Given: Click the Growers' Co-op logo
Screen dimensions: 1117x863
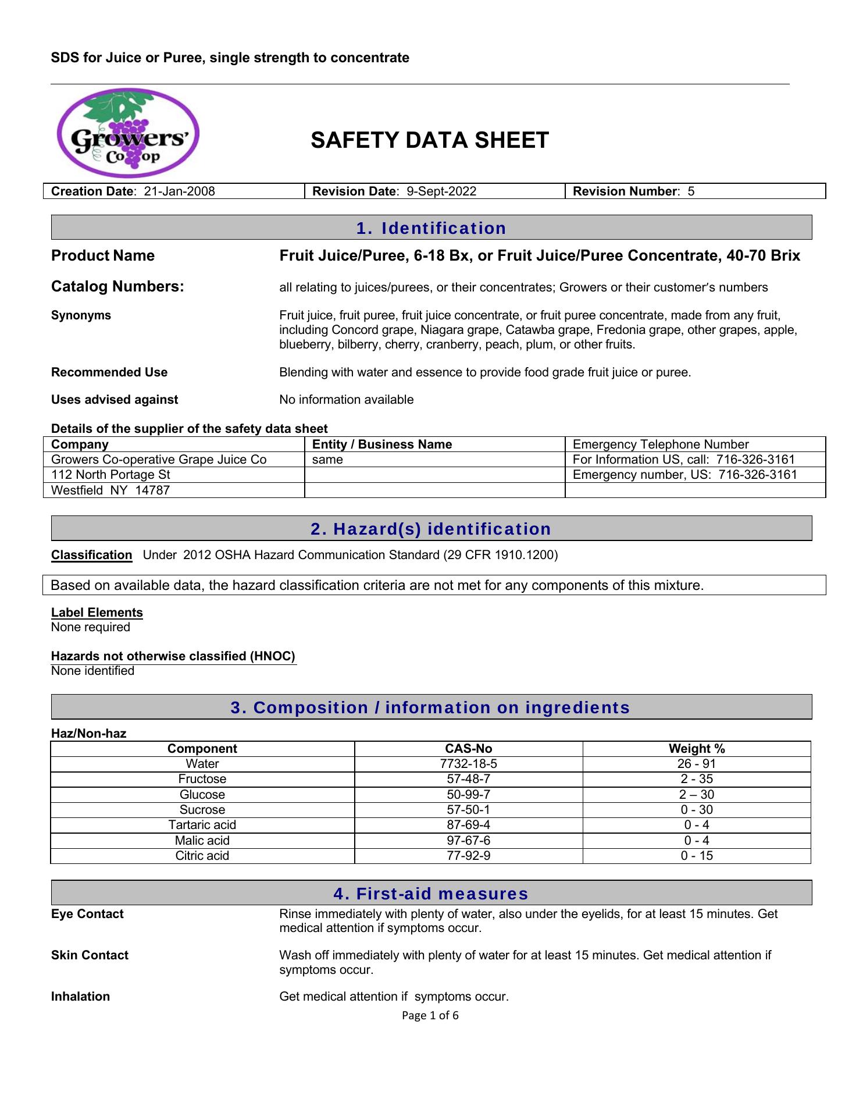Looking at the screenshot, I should click(x=129, y=133).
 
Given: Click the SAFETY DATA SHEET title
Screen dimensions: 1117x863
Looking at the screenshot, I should click(x=429, y=140).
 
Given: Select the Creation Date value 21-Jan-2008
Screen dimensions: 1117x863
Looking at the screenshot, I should click(x=179, y=191).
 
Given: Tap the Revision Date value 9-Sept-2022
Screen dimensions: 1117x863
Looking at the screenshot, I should click(x=441, y=191).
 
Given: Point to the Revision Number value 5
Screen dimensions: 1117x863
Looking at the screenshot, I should click(x=691, y=191).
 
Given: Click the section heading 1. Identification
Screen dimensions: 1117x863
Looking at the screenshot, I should click(x=431, y=228).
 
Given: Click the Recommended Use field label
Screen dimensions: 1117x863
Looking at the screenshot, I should click(x=109, y=372).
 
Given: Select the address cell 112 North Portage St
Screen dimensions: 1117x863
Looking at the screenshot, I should click(x=110, y=475).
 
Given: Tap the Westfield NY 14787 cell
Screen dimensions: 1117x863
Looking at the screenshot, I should click(x=110, y=490).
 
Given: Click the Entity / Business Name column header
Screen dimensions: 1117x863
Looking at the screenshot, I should click(x=382, y=444).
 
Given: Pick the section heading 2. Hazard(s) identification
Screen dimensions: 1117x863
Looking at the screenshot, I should click(x=431, y=529).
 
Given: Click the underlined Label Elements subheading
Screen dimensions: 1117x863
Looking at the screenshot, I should click(x=97, y=613).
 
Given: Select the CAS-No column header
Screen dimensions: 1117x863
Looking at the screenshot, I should click(x=468, y=749).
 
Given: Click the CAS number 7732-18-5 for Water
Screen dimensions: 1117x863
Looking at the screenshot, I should click(x=468, y=764).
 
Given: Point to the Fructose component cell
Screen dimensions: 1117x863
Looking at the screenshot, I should click(x=202, y=779).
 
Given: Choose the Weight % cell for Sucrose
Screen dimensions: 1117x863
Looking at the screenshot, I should click(x=696, y=810).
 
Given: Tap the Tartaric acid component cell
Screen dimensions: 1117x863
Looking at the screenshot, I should click(x=202, y=825).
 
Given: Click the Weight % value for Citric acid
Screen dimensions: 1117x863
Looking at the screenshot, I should click(x=696, y=856).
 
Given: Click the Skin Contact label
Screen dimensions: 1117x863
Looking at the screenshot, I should click(x=90, y=955).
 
